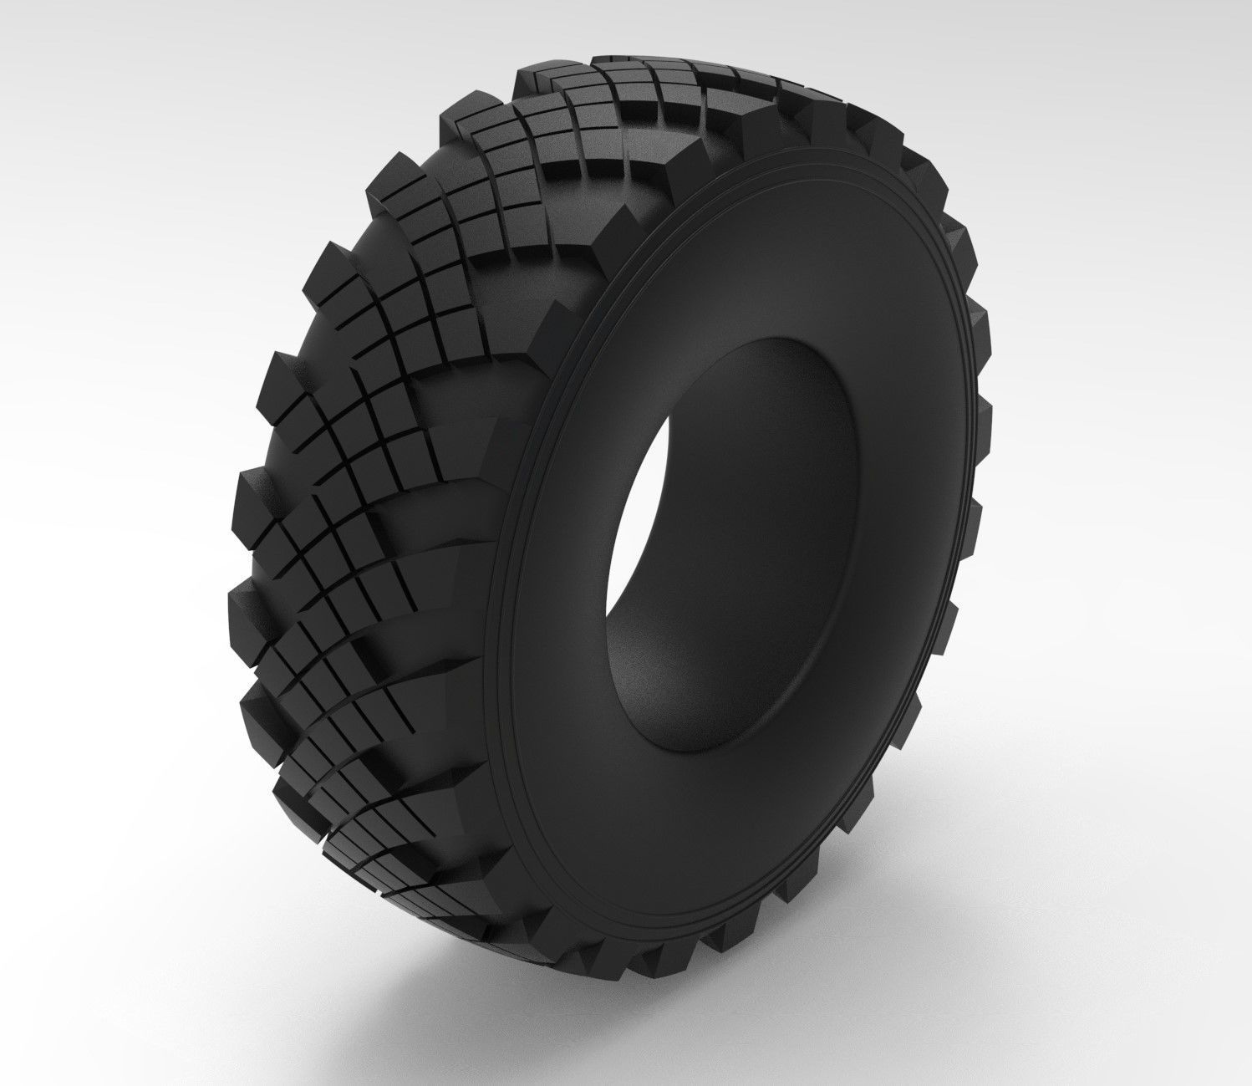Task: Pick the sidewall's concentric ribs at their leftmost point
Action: point(493,635)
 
